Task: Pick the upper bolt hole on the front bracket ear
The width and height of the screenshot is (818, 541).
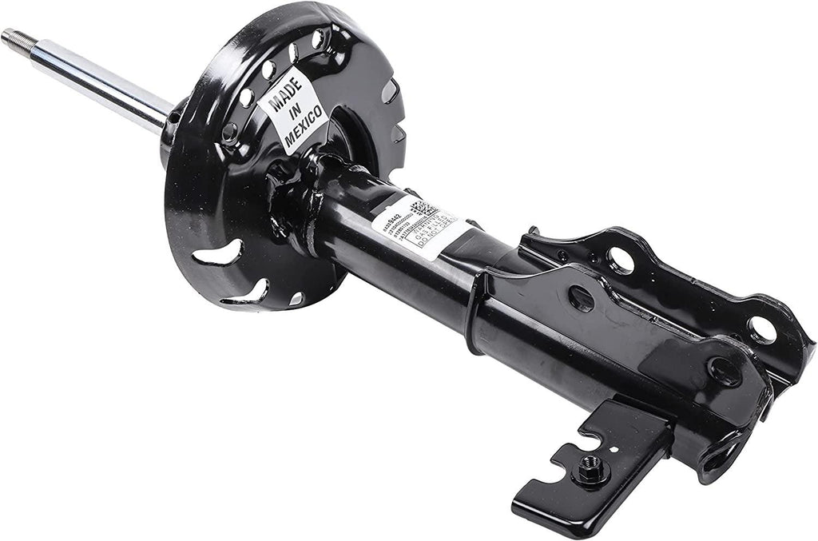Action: click(582, 298)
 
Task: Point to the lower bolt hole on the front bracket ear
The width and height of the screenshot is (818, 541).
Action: click(725, 370)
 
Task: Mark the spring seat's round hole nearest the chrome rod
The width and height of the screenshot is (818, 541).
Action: click(230, 129)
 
